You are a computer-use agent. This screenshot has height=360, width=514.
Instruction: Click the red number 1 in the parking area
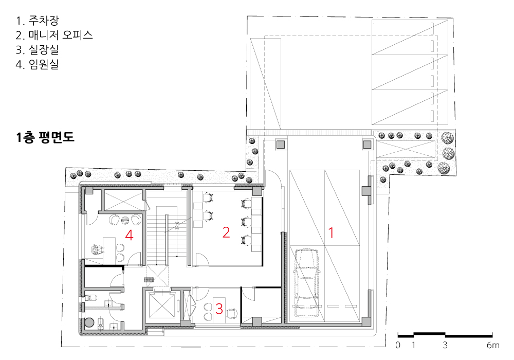point(331,232)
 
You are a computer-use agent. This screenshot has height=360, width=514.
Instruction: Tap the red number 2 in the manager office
point(226,232)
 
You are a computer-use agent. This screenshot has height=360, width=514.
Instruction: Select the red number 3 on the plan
point(219,309)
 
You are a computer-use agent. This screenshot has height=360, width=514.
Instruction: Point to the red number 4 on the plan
point(129,235)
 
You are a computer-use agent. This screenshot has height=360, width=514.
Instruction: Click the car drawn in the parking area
point(306,283)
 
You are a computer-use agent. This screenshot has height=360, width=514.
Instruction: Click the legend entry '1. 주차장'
point(38,21)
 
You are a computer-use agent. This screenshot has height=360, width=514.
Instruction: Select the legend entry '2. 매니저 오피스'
point(54,35)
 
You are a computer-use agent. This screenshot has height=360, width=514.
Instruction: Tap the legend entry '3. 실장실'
point(38,49)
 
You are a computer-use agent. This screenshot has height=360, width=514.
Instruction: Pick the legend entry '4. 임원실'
point(38,64)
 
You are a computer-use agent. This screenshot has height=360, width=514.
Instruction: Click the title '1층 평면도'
point(45,137)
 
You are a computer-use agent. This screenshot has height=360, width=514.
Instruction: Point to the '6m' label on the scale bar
point(493,345)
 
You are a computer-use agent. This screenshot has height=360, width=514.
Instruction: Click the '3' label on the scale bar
point(445,345)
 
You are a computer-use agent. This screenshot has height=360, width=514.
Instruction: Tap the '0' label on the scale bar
point(398,345)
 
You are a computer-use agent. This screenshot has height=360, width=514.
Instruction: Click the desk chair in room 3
point(232,313)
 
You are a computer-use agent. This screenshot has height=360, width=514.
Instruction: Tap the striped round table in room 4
point(125,220)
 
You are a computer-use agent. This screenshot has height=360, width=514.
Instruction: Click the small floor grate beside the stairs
point(149,280)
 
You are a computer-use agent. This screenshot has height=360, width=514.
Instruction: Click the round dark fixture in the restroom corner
point(89,322)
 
